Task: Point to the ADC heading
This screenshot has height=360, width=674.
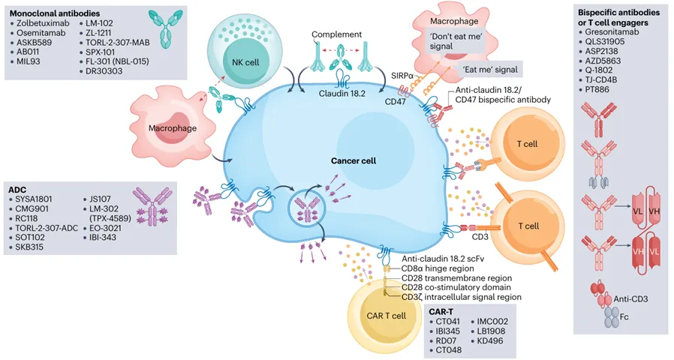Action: click(18, 190)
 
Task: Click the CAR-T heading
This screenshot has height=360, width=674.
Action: click(443, 310)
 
